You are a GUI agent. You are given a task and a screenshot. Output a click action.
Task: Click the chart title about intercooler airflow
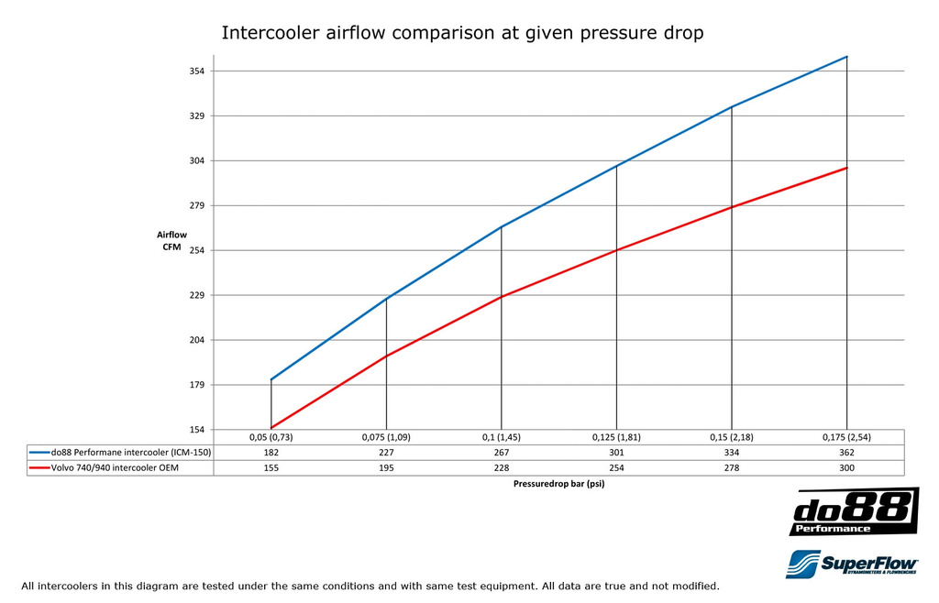point(462,34)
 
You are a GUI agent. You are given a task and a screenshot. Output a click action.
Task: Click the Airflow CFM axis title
point(171,241)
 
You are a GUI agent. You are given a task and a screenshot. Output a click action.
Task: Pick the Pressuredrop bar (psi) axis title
point(559,484)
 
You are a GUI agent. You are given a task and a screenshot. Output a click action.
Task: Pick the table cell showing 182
point(271,453)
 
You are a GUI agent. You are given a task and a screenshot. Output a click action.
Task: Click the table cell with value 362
point(846,453)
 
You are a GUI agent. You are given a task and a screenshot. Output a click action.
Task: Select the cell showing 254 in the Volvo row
point(616,468)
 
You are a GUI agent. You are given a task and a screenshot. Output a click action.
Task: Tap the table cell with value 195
point(386,468)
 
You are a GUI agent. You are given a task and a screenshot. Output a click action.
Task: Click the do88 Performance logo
point(853,512)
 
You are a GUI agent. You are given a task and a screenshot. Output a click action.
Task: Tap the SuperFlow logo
point(853,563)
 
